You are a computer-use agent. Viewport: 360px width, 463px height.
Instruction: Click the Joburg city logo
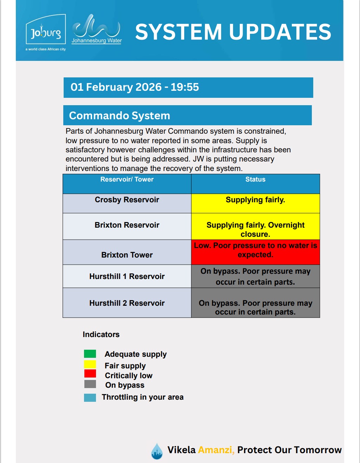click(x=46, y=32)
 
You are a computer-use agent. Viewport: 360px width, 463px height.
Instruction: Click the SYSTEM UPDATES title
click(x=233, y=32)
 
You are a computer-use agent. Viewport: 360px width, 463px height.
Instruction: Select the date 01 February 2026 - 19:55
click(x=135, y=87)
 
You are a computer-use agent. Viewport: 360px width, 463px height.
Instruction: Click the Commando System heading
click(x=120, y=115)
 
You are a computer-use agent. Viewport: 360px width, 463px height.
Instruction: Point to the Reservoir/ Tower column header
click(x=127, y=179)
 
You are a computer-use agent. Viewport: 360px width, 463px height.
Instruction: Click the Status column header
click(x=255, y=179)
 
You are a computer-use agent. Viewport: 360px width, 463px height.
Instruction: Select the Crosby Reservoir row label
click(x=127, y=200)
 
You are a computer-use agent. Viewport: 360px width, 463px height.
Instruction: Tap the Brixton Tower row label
click(x=127, y=255)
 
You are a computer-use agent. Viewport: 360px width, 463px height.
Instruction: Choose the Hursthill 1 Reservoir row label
click(x=127, y=277)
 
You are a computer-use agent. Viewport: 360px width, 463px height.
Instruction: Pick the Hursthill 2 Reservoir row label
click(x=127, y=303)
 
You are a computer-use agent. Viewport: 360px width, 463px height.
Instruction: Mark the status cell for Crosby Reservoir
click(x=256, y=203)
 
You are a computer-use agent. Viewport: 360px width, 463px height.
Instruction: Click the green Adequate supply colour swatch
click(x=90, y=354)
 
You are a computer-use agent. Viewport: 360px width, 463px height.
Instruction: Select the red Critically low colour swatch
click(x=90, y=374)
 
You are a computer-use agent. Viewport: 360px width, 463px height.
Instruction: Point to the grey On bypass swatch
click(x=90, y=384)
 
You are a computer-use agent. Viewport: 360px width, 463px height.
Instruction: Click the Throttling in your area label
click(x=142, y=397)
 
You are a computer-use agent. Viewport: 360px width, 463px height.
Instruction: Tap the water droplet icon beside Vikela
click(x=157, y=451)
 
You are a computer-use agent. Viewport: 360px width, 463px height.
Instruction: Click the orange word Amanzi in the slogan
click(x=216, y=450)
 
